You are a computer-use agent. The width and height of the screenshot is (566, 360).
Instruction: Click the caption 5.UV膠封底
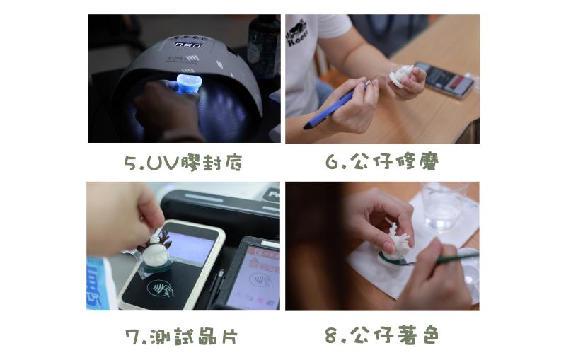[x=183, y=163]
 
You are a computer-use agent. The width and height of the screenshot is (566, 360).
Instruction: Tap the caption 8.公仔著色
[x=382, y=335]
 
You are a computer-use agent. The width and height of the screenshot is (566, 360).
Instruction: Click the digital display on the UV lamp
[x=187, y=45]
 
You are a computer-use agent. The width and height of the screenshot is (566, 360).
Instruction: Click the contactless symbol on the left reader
[x=160, y=288]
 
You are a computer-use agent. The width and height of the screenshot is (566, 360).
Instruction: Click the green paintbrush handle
[x=456, y=258]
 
